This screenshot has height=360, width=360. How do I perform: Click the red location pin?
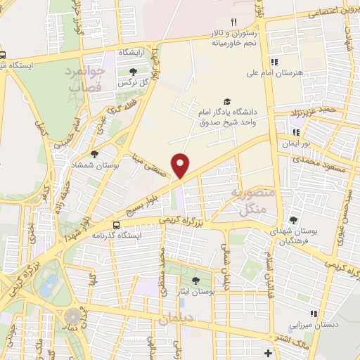[x=181, y=165]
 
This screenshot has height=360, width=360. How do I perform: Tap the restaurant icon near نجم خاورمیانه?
[x=233, y=22]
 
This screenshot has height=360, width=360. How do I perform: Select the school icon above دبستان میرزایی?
[x=313, y=314]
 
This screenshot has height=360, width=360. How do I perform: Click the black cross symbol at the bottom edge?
[x=267, y=352]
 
